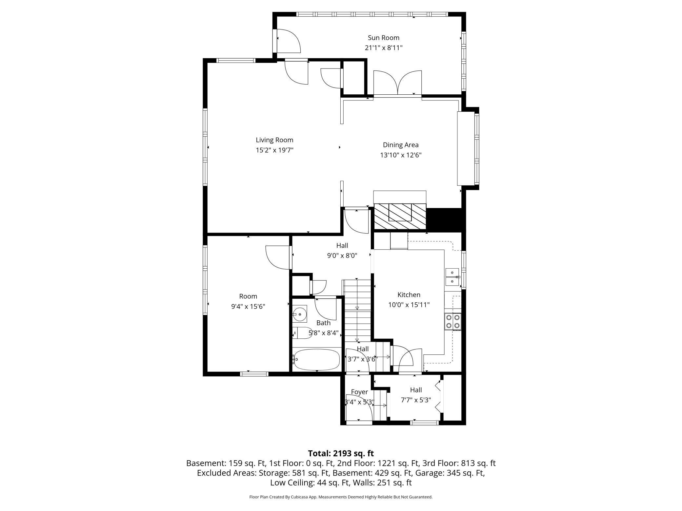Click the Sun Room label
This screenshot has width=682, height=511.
(383, 38)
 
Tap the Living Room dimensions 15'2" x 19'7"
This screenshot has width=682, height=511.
(274, 150)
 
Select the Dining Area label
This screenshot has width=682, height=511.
(401, 145)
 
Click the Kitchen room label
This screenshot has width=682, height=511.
(409, 295)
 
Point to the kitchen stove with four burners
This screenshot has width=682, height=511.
(453, 321)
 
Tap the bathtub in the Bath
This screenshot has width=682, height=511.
(316, 359)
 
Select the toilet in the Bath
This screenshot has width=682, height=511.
(302, 333)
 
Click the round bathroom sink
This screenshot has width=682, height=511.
(299, 314)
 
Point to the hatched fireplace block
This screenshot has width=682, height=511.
(400, 216)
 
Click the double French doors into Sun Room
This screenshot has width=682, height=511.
(398, 83)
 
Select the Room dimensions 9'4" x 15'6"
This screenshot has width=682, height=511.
(248, 307)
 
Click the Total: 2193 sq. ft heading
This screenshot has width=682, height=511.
(341, 453)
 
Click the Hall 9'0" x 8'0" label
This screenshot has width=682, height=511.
(342, 251)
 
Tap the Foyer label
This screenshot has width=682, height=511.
(359, 392)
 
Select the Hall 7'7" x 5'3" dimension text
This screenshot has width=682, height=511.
(416, 400)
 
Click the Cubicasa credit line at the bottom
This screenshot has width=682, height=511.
(341, 497)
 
